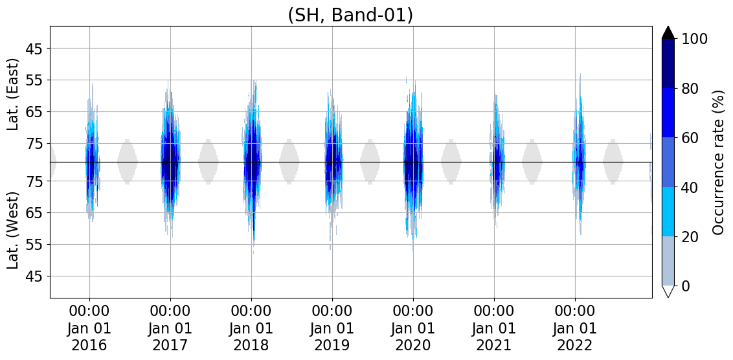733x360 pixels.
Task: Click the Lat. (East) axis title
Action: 14,95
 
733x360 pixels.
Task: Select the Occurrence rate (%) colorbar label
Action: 718,162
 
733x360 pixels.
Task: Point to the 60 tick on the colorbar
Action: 690,137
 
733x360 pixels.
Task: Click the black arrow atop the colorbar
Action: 668,32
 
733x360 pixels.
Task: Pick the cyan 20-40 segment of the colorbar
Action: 668,212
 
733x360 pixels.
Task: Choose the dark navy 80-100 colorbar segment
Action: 668,63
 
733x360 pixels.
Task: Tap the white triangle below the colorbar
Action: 668,291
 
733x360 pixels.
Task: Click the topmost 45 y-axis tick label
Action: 34,49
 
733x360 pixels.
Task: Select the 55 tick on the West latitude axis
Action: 34,245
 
